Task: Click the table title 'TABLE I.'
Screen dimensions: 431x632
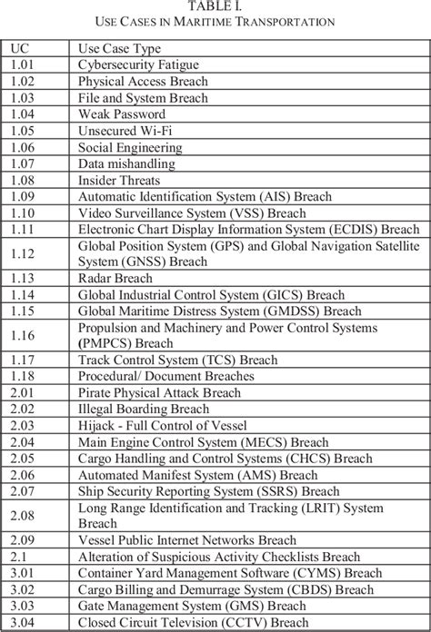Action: (x=215, y=6)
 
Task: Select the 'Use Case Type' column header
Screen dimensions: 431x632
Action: (x=114, y=46)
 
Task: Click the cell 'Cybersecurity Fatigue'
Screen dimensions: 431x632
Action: (x=140, y=64)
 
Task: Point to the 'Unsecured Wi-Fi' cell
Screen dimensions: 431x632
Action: (x=125, y=130)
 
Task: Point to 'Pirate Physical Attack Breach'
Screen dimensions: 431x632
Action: (x=160, y=393)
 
